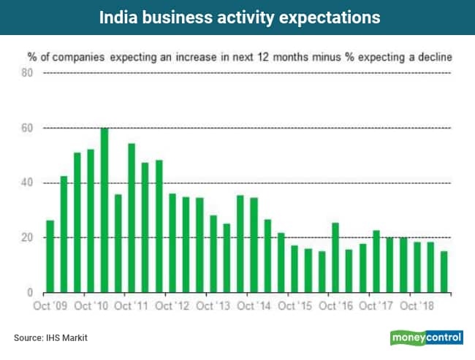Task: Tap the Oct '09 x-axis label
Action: click(x=50, y=305)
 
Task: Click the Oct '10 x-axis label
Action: click(x=91, y=305)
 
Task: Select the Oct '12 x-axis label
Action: click(x=174, y=305)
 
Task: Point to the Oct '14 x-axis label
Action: click(x=255, y=305)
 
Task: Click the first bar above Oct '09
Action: click(x=50, y=256)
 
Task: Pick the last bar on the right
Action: click(x=444, y=272)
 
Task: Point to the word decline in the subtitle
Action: click(x=431, y=56)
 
